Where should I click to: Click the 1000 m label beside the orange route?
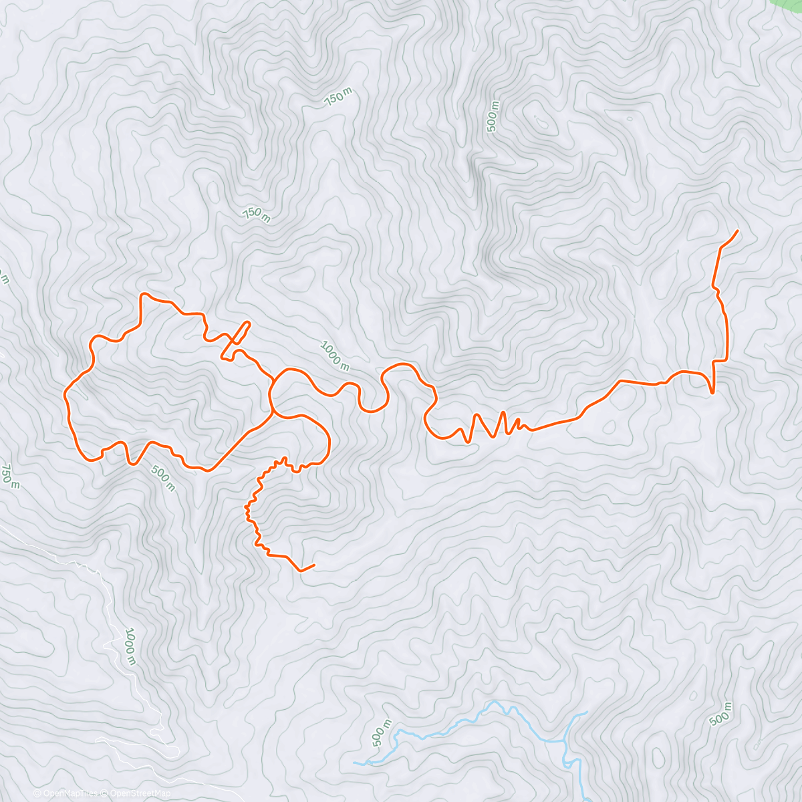click(335, 356)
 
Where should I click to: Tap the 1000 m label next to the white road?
click(130, 646)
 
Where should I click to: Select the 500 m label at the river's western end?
click(380, 734)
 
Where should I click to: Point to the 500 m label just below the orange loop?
click(162, 477)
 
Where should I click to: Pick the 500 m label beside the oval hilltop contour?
click(493, 116)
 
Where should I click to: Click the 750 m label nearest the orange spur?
click(256, 215)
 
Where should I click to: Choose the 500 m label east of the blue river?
click(720, 714)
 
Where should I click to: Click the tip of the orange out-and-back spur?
click(249, 323)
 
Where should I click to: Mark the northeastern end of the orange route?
click(737, 231)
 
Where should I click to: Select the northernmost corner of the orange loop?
click(142, 293)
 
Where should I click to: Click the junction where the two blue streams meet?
click(567, 741)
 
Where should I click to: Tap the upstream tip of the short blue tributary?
click(586, 712)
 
